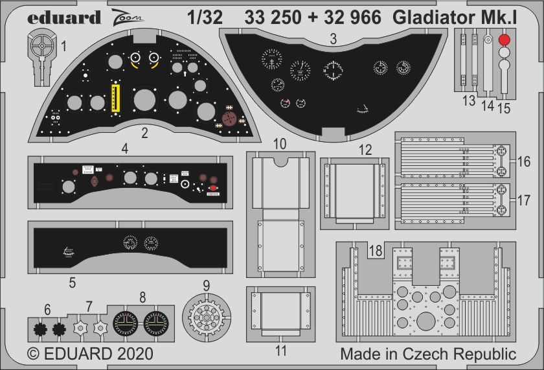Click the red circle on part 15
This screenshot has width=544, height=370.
click(503, 40)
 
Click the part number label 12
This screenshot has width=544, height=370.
click(365, 150)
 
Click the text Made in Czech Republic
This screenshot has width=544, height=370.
click(428, 354)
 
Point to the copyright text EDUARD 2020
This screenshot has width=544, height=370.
click(91, 354)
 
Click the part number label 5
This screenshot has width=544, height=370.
click(72, 283)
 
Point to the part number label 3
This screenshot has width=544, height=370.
click(332, 39)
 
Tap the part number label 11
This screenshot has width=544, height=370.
click(280, 351)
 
